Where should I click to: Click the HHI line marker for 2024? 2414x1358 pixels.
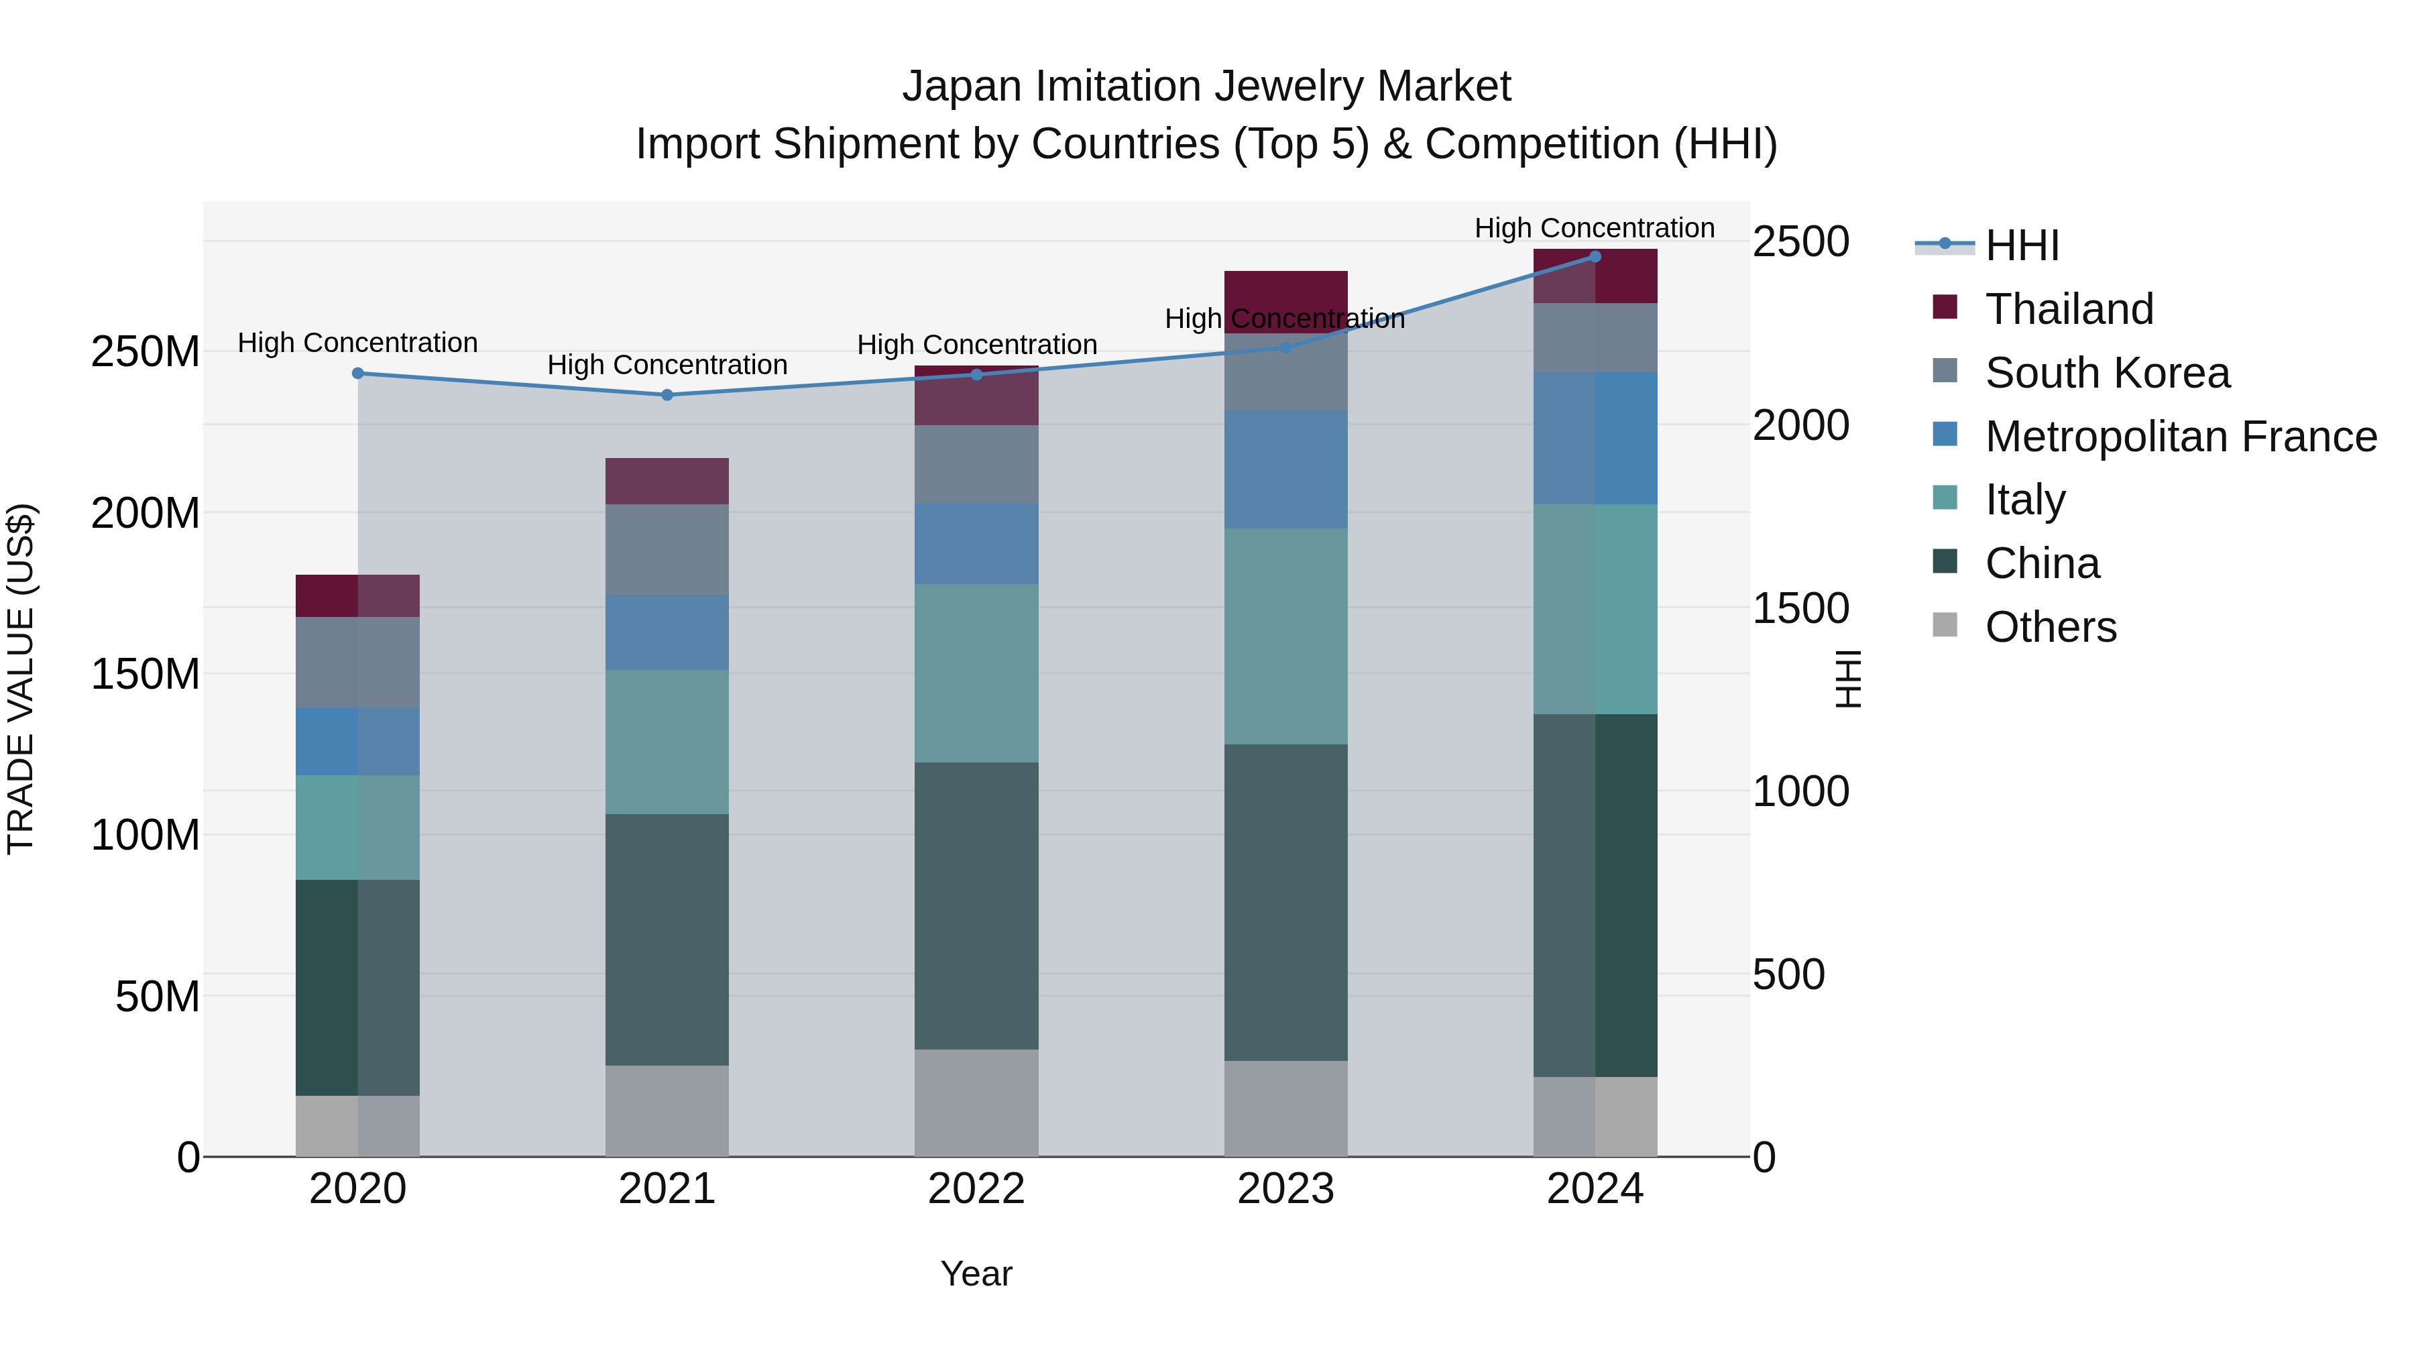pyautogui.click(x=1595, y=257)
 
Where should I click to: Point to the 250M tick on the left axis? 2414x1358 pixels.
pyautogui.click(x=146, y=352)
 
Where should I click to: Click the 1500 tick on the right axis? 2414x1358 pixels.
pyautogui.click(x=1800, y=608)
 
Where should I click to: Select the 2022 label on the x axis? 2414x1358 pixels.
pyautogui.click(x=976, y=1189)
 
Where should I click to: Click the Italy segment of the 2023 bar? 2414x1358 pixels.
pyautogui.click(x=1285, y=636)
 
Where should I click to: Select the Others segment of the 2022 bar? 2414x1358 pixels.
pyautogui.click(x=976, y=1103)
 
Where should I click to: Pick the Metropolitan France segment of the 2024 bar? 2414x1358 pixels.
pyautogui.click(x=1595, y=438)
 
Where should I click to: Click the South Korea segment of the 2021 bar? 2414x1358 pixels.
pyautogui.click(x=667, y=549)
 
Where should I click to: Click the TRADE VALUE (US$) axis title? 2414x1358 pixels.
pyautogui.click(x=21, y=679)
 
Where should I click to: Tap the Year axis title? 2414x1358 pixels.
pyautogui.click(x=976, y=1274)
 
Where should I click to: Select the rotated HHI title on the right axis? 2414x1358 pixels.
pyautogui.click(x=1848, y=679)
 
